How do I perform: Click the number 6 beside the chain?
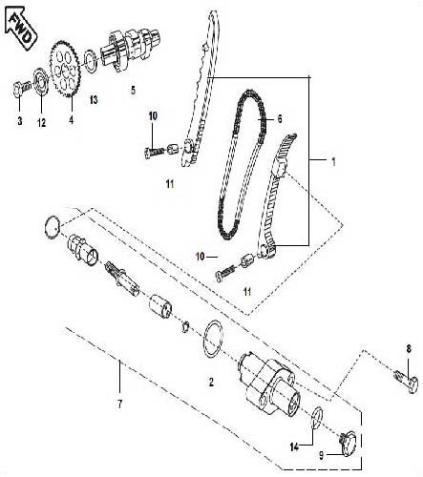pos(280,120)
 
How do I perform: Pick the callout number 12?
pos(41,122)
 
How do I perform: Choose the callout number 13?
pos(94,99)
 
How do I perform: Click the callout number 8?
pos(409,349)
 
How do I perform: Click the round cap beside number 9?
pos(347,441)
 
